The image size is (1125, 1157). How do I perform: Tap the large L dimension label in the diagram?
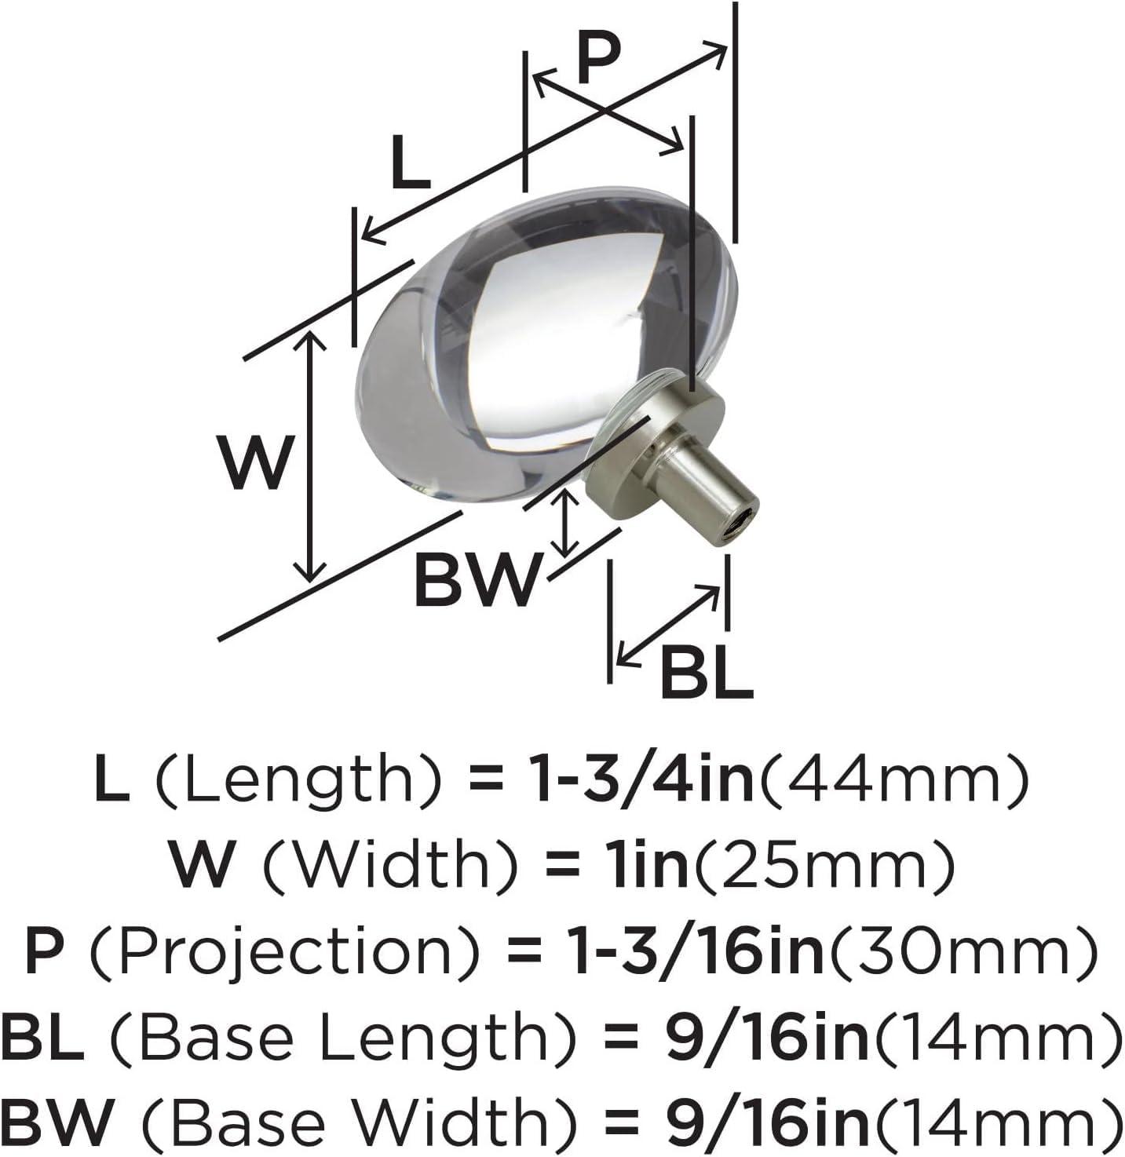pos(411,162)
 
